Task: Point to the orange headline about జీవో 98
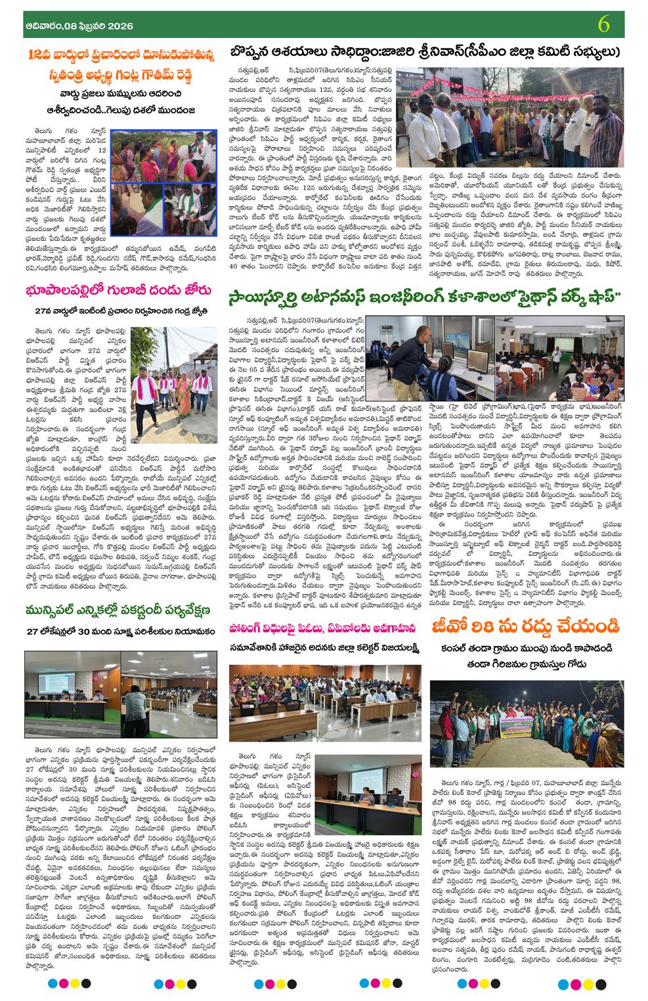coord(525,628)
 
